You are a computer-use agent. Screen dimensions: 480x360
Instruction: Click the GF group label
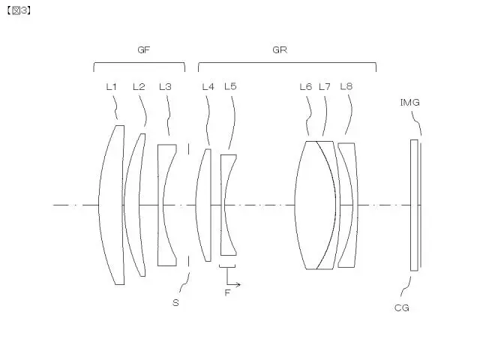[143, 50]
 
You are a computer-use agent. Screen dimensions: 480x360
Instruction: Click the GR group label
[280, 50]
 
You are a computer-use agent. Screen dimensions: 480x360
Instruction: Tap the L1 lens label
[112, 87]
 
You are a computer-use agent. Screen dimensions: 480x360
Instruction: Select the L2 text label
[139, 87]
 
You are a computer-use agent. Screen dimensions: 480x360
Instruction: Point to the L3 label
[165, 87]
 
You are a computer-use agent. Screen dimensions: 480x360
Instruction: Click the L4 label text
[208, 87]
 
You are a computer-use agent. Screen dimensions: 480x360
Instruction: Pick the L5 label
[230, 87]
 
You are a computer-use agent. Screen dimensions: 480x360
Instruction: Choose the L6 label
[306, 87]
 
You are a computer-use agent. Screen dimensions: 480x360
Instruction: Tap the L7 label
[325, 87]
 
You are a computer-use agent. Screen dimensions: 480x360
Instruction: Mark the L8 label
[346, 87]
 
